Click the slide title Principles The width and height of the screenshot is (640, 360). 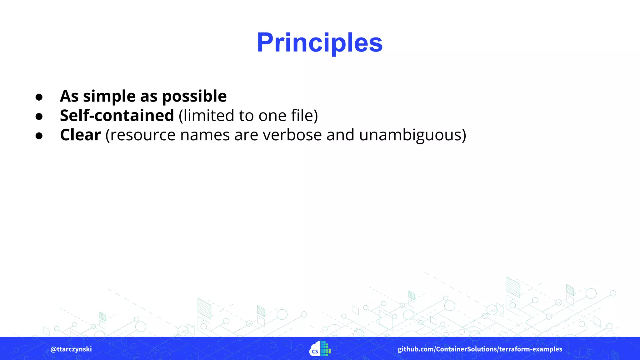tap(320, 43)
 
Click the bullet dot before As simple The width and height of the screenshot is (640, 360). tap(39, 97)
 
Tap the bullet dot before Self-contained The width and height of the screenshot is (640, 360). tap(39, 117)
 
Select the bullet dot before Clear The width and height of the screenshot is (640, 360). tap(39, 136)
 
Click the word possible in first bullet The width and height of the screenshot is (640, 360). tap(194, 97)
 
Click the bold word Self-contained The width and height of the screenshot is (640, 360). tap(117, 115)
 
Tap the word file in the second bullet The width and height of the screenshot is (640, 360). tap(302, 115)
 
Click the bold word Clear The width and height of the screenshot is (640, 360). tap(80, 135)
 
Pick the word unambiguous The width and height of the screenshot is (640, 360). tap(412, 135)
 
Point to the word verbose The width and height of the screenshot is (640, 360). tap(292, 135)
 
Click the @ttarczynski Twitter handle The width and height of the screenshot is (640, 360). tap(71, 349)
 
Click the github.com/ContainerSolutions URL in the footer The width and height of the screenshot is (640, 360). tap(480, 349)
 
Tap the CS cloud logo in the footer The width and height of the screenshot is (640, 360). tap(320, 349)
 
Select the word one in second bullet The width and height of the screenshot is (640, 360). tap(272, 116)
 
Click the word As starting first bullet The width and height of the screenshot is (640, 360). tap(69, 96)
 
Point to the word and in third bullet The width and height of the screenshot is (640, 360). tap(340, 135)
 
